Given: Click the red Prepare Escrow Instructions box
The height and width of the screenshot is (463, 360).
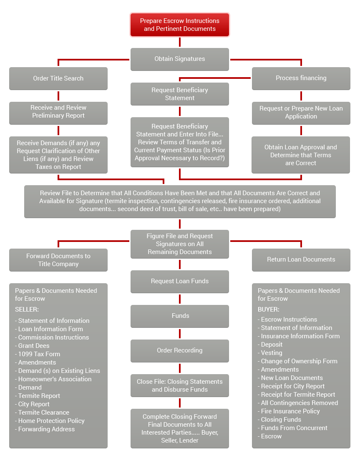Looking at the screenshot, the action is tap(179, 25).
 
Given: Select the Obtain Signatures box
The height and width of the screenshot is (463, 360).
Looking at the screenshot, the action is tap(179, 59).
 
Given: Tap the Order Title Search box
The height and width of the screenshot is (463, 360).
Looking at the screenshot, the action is tap(58, 78).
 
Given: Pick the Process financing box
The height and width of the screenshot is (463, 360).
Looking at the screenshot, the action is tap(301, 78).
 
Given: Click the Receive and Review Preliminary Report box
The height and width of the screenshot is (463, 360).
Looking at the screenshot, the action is tap(58, 113).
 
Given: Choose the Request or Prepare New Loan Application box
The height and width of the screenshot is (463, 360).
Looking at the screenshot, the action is tap(301, 113).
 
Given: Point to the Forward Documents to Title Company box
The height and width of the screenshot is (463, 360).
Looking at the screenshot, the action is tap(58, 260).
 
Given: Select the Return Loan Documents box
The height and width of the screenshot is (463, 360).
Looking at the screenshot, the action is tap(301, 260).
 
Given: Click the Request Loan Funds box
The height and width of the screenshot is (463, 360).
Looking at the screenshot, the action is tap(179, 282).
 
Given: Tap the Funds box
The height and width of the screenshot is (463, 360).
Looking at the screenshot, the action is tap(179, 316).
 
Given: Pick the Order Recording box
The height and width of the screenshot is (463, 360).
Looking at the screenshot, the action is tap(179, 351).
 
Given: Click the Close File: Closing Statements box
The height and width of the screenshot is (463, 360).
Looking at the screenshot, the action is tap(179, 385).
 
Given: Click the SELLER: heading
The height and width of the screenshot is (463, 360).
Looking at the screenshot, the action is tap(27, 310).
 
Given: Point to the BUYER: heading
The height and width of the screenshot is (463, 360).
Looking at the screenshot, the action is tap(269, 310).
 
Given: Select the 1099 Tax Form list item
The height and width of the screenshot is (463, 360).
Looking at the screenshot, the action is tap(38, 354).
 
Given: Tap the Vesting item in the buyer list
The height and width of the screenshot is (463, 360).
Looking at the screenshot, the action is tap(270, 353).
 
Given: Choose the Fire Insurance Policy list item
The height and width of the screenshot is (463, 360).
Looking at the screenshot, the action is tap(289, 411).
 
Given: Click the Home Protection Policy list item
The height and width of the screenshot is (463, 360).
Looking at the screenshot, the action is tap(50, 421).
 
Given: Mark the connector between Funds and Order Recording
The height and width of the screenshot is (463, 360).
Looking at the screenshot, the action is tap(179, 334).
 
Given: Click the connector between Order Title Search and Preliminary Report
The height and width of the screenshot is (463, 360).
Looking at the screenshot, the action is tap(58, 96).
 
